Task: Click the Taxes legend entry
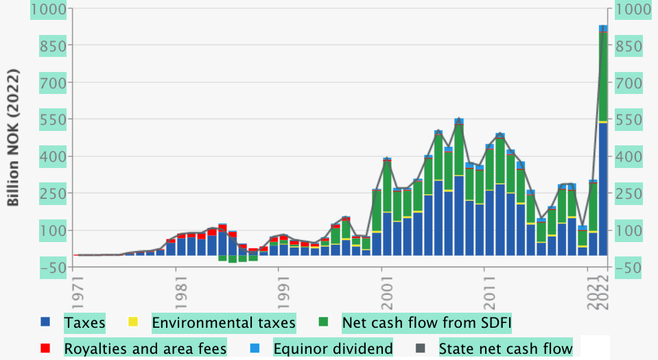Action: pos(84,322)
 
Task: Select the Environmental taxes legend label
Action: pos(223,322)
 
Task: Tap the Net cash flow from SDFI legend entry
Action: pos(427,322)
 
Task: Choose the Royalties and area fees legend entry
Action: pos(145,348)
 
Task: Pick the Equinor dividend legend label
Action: pos(333,348)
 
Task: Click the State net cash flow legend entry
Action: pos(505,348)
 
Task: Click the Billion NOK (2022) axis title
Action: pos(13,138)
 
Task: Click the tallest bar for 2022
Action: pos(604,141)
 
